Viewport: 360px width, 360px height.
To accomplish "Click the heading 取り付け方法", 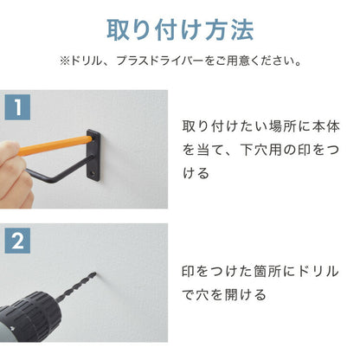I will point(180,29).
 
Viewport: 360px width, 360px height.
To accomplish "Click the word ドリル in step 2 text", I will point(314,269).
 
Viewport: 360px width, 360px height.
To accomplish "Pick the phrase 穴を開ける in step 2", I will point(228,293).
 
